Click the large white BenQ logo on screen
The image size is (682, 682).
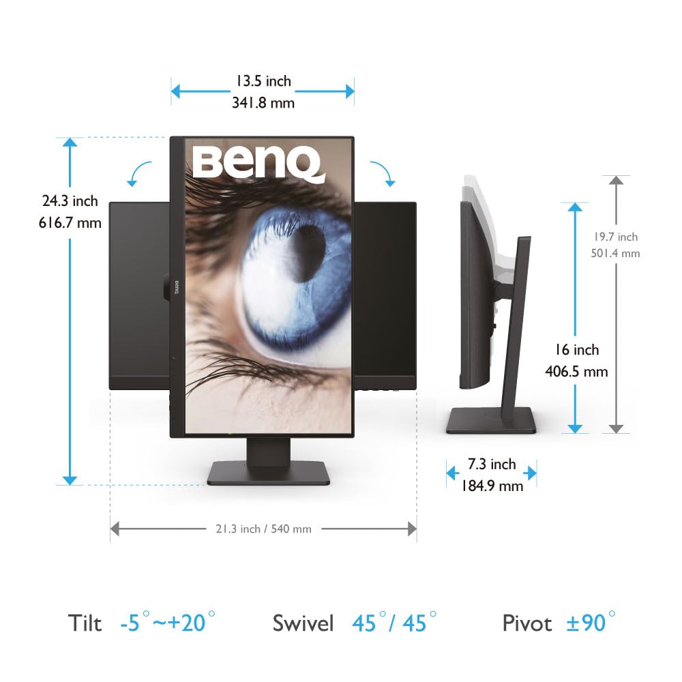pyautogui.click(x=258, y=164)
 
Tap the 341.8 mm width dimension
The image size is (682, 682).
pyautogui.click(x=263, y=103)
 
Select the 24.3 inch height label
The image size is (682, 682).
pyautogui.click(x=70, y=201)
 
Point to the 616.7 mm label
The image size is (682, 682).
pyautogui.click(x=70, y=223)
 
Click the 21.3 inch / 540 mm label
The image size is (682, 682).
pyautogui.click(x=263, y=529)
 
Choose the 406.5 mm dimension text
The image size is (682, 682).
pyautogui.click(x=576, y=372)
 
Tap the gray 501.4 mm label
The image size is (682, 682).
pyautogui.click(x=615, y=253)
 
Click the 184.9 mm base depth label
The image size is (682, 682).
pyautogui.click(x=492, y=486)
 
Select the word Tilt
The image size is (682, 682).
pyautogui.click(x=85, y=623)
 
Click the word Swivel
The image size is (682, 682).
pyautogui.click(x=303, y=623)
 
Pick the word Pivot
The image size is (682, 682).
pyautogui.click(x=527, y=623)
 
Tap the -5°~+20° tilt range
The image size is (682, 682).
pyautogui.click(x=168, y=622)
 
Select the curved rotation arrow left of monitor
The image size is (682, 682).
pyautogui.click(x=138, y=173)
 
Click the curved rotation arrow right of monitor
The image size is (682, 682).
pyautogui.click(x=383, y=173)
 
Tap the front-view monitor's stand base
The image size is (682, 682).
pyautogui.click(x=268, y=473)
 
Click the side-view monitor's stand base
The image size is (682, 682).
pyautogui.click(x=491, y=419)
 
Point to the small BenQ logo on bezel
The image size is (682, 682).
pyautogui.click(x=177, y=287)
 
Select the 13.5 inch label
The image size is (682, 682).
pyautogui.click(x=263, y=81)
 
